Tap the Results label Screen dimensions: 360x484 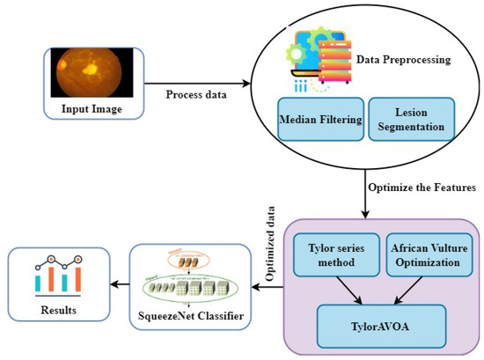pyautogui.click(x=57, y=311)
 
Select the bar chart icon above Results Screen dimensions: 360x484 pyautogui.click(x=57, y=276)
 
